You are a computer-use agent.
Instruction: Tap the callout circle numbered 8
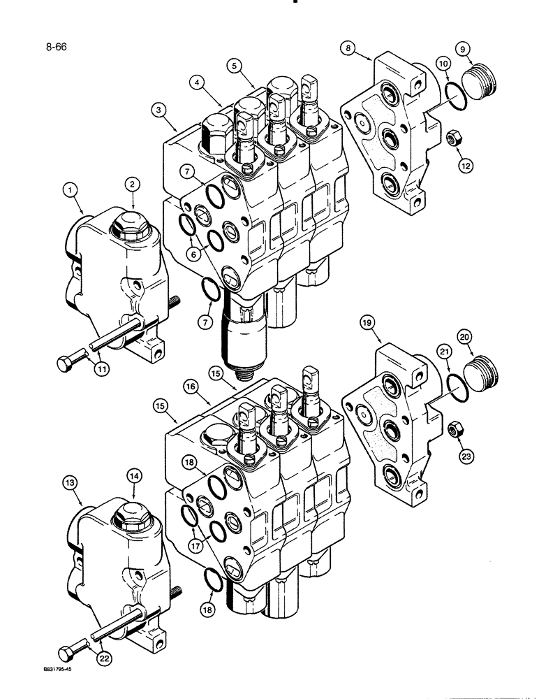348,48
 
